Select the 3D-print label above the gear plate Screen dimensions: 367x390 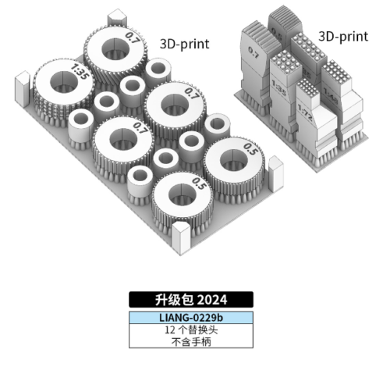coord(185,43)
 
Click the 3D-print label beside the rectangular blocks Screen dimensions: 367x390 coord(343,37)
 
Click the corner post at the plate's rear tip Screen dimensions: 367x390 coord(117,16)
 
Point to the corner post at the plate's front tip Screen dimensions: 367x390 coord(181,233)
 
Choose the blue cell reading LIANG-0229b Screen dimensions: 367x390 coord(192,318)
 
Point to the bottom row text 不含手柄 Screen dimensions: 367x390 coord(192,342)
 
